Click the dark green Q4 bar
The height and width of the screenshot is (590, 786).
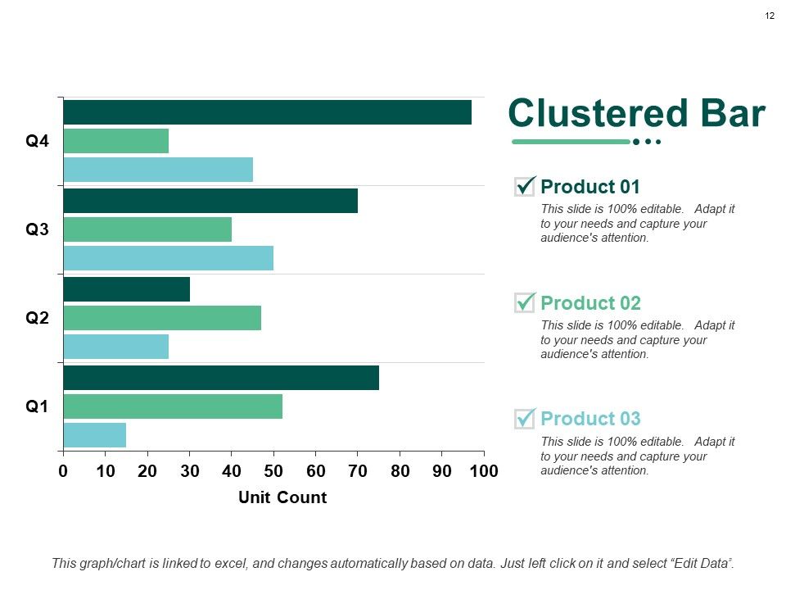(x=267, y=112)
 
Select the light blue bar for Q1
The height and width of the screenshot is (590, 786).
(x=94, y=435)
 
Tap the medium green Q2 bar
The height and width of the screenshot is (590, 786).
(x=162, y=318)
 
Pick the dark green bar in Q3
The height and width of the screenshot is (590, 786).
(x=210, y=201)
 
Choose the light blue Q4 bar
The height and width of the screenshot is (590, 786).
(x=158, y=170)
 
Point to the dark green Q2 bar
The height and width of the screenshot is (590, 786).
(x=126, y=289)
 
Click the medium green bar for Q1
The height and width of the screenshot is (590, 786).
(x=173, y=406)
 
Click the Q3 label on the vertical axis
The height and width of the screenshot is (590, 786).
(x=38, y=229)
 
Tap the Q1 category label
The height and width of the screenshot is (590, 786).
(x=38, y=406)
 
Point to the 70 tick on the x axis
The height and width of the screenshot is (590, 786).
(x=358, y=471)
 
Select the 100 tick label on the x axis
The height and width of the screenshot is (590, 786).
(x=484, y=471)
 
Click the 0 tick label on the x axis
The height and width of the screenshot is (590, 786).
(x=63, y=471)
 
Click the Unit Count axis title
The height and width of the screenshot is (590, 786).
(x=282, y=497)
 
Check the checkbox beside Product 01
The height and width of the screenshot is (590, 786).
(x=525, y=186)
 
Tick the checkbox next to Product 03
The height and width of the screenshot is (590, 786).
(x=525, y=419)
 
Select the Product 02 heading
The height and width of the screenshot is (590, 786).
(x=590, y=302)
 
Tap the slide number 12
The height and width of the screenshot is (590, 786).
(x=770, y=16)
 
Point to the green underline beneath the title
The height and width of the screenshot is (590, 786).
(x=571, y=142)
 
